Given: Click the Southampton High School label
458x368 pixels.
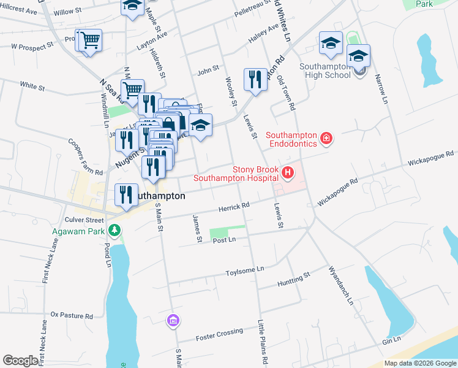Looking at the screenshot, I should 325,70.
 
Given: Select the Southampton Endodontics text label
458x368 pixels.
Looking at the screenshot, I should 292,139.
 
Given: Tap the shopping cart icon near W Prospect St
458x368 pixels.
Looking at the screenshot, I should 89,41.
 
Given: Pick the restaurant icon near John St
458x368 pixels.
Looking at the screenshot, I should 255,79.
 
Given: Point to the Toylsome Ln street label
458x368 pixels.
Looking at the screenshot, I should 244,269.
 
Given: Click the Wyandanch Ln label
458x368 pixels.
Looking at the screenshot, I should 340,285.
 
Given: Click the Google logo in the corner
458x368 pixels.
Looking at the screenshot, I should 20,361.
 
